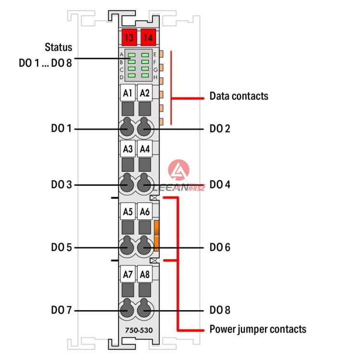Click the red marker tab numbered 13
129,37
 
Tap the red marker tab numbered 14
148,37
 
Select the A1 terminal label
128,93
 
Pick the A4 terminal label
144,149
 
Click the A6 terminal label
144,212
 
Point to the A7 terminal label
128,274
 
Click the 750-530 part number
139,330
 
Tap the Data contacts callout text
239,96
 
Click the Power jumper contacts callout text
258,329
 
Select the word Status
58,47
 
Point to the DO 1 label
61,128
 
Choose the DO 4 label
220,184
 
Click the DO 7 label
61,310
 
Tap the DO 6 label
220,247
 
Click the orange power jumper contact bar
156,236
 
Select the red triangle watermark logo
179,170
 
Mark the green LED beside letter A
132,55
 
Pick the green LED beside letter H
145,75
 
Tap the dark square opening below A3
128,165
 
